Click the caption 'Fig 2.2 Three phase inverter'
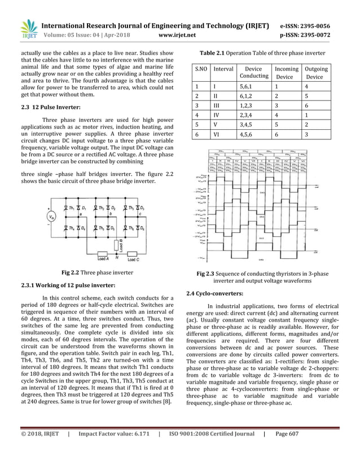97,272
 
